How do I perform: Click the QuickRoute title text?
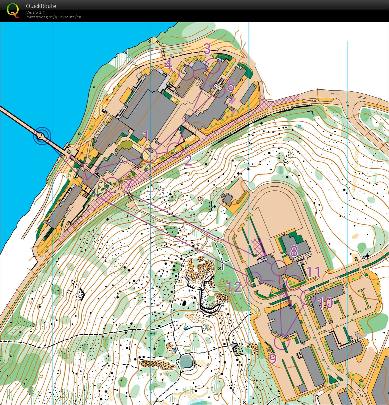41,6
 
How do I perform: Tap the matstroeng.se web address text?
54,17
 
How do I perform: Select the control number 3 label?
207,49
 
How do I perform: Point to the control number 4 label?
168,65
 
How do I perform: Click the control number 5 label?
231,86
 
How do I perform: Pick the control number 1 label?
146,136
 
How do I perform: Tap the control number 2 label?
188,160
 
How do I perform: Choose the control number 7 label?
128,184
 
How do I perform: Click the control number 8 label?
294,251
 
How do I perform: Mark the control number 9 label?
273,359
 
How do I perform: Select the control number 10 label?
325,303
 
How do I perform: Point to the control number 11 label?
313,272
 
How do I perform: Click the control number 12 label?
234,287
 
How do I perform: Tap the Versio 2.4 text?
36,12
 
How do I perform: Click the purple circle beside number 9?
281,342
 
